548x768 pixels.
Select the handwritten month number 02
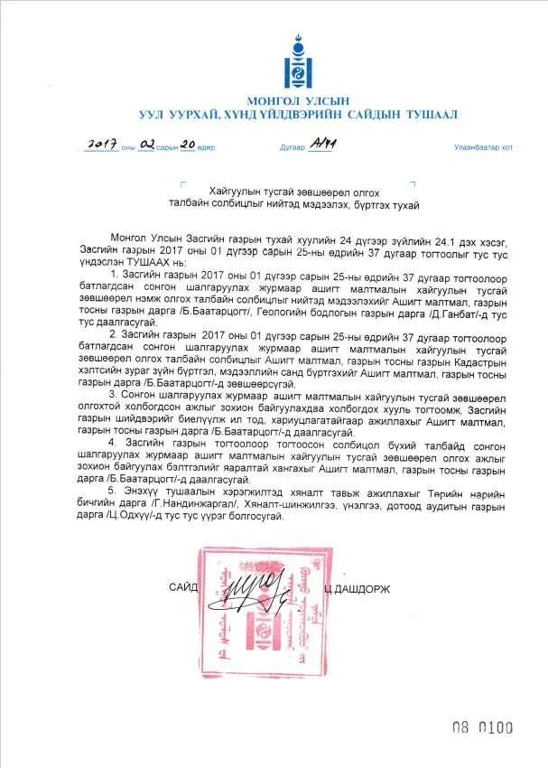(x=149, y=145)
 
